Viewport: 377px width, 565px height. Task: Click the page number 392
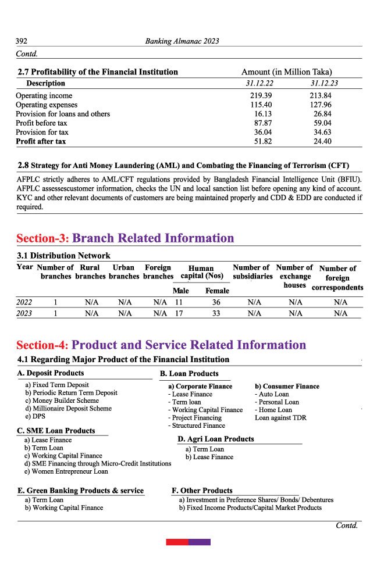(x=22, y=41)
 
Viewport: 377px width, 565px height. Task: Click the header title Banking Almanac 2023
(x=181, y=41)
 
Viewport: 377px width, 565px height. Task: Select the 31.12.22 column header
(x=259, y=84)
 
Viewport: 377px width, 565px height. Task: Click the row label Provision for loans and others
(x=63, y=114)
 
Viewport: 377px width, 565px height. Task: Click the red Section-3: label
(x=43, y=238)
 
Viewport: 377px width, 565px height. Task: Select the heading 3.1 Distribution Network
(x=63, y=256)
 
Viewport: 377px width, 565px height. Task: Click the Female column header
(x=217, y=291)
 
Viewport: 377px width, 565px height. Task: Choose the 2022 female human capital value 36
(x=216, y=302)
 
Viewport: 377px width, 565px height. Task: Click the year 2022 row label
(x=24, y=302)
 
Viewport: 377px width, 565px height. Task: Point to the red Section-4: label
(x=43, y=345)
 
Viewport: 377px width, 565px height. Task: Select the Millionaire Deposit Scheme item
(x=68, y=409)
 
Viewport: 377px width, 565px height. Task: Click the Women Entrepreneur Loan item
(x=66, y=471)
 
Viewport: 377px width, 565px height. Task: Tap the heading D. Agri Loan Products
(x=216, y=439)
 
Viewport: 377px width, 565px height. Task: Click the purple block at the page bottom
(x=200, y=542)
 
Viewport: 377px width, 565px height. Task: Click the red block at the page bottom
(x=177, y=542)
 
